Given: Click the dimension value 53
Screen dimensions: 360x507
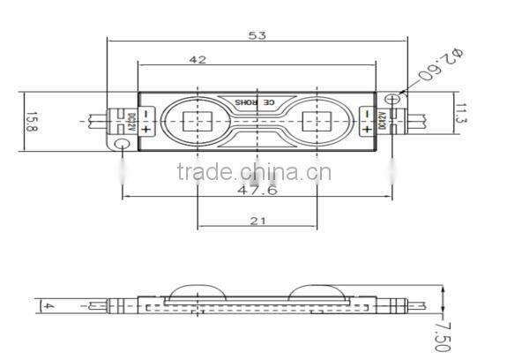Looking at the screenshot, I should click(x=257, y=35).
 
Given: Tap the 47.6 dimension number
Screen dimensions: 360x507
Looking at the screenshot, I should click(x=257, y=189).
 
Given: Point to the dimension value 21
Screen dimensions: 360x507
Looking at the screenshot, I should click(x=257, y=221).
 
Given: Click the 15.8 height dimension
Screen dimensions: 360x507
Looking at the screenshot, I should click(x=31, y=121).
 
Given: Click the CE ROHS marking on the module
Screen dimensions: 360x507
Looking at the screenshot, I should click(x=256, y=103).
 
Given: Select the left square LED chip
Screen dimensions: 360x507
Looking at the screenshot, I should click(x=197, y=121).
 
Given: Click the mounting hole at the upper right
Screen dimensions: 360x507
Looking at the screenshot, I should click(x=393, y=97).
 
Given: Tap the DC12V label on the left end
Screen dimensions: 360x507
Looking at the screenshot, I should click(x=132, y=121).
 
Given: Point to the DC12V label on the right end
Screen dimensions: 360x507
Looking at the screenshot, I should click(x=382, y=121).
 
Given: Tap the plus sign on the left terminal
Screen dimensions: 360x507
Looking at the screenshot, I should click(x=145, y=130).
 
